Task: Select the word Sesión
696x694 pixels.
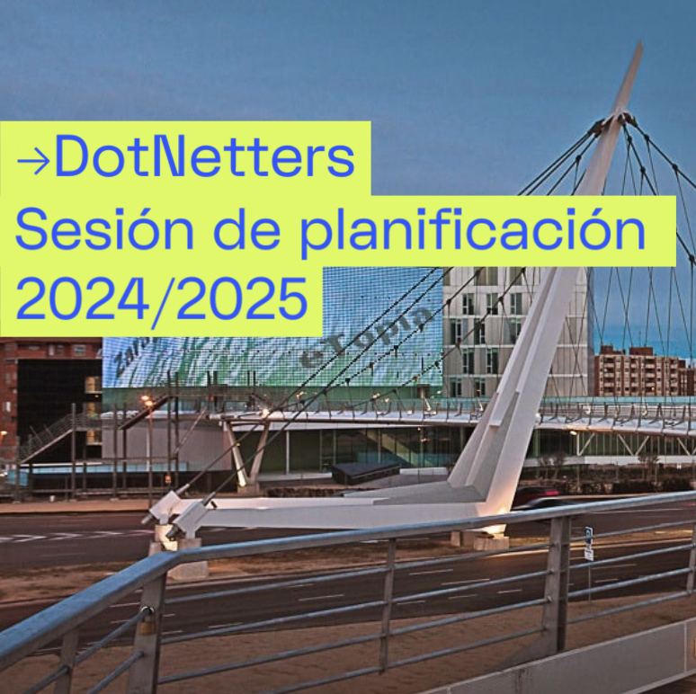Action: pos(76,231)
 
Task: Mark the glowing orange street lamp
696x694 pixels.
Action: pos(145,399)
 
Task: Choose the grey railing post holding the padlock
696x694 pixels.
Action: pos(148,629)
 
